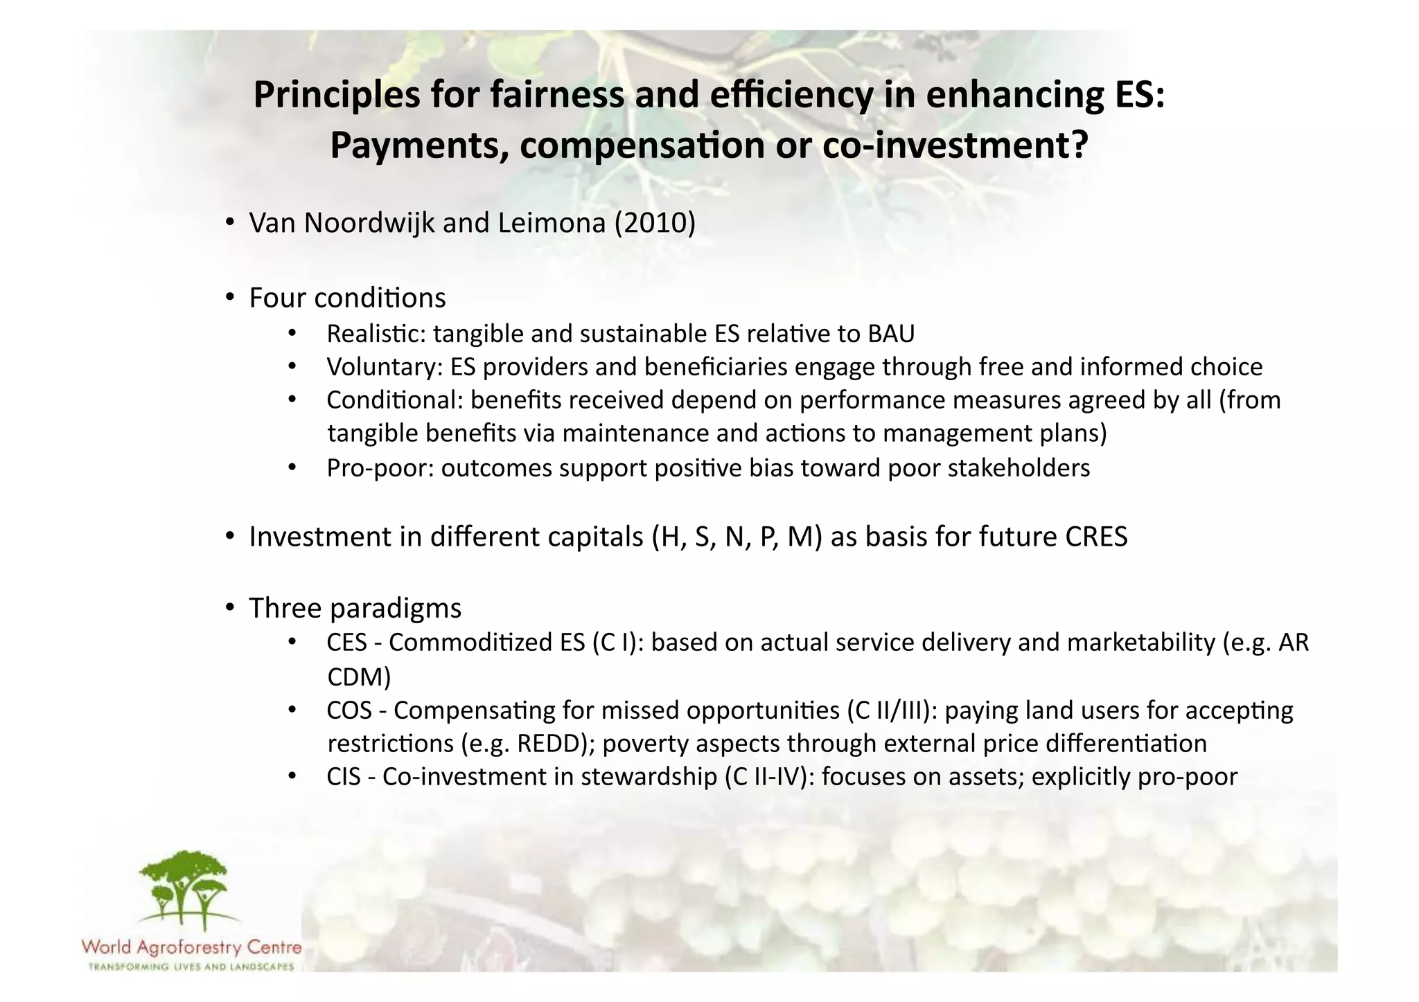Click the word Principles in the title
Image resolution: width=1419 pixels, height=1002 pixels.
tap(337, 96)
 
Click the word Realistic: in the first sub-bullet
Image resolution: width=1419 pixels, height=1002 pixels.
tap(376, 334)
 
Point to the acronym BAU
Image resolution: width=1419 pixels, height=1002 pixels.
tap(890, 334)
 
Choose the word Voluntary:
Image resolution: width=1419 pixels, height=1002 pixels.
tap(385, 367)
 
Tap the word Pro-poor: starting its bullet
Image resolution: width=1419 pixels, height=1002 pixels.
tap(380, 468)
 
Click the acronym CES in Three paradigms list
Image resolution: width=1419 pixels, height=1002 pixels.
tap(346, 643)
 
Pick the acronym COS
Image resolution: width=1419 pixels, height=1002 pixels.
tap(349, 710)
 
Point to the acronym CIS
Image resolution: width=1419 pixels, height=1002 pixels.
tap(344, 777)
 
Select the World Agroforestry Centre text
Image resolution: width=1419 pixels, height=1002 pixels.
tap(191, 947)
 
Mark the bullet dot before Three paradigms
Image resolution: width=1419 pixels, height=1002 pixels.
tap(230, 608)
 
